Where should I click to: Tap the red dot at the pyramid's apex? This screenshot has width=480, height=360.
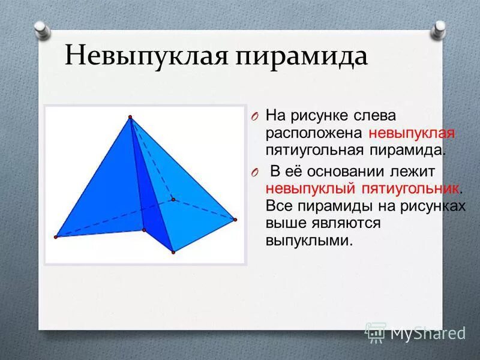coord(130,116)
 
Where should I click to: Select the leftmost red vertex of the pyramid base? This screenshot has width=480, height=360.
coord(56,237)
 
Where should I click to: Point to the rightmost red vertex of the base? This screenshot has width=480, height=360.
coord(235,220)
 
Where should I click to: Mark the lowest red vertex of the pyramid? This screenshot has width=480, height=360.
coord(173,252)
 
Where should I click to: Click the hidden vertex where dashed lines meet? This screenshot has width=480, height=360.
coord(173,199)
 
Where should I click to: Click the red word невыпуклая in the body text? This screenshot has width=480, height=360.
coord(412,132)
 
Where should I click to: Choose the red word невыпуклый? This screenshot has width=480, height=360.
coord(311,188)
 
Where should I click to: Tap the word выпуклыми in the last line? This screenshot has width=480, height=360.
coord(307,241)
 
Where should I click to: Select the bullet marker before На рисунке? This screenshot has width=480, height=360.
coord(254,115)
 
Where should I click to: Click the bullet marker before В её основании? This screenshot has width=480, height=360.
coord(254,172)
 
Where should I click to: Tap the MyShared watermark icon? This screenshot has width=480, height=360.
coord(376,332)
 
